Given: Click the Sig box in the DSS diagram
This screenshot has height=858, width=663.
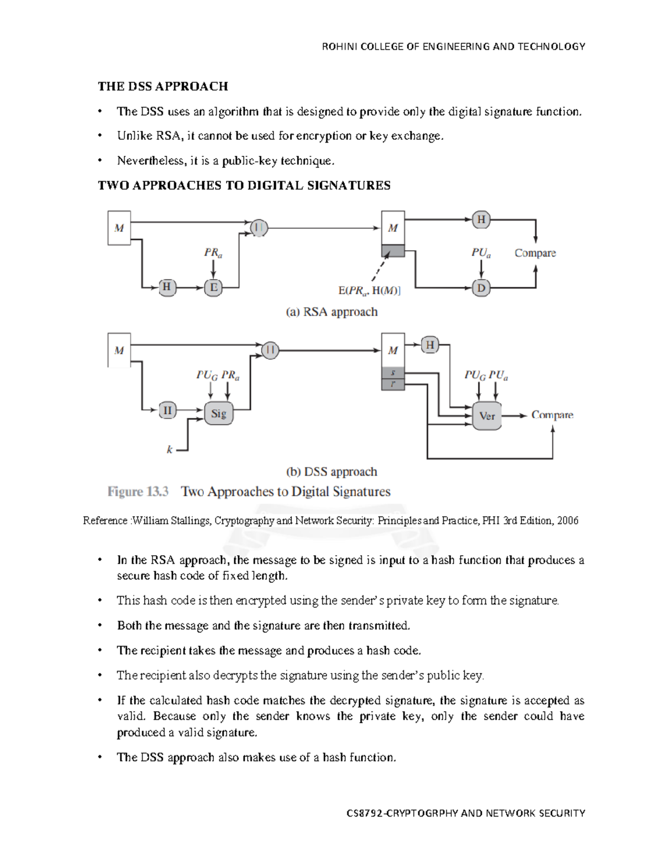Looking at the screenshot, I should pos(219,413).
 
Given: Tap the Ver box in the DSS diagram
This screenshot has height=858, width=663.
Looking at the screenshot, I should pos(487,416).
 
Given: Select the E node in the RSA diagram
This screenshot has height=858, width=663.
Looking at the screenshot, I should pos(213,287).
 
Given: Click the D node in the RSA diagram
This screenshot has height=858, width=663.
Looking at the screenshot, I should pos(481,288).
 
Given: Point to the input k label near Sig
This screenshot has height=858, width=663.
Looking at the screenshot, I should pos(170,450).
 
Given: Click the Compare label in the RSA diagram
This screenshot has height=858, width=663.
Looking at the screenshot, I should pos(535,253).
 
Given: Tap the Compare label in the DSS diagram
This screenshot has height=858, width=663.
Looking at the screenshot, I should pos(552,415).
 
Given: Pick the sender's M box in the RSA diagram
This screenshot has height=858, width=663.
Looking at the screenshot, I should pos(119,228).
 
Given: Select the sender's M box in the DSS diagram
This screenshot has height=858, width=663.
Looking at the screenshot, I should pos(119,350).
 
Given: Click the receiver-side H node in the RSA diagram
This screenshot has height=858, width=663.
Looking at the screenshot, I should pos(481,219).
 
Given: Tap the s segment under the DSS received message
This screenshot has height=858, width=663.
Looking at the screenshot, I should pos(393,373).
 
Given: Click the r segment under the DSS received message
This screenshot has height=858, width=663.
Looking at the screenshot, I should pos(393,384).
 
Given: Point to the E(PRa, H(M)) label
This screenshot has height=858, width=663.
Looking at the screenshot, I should pos(369,291).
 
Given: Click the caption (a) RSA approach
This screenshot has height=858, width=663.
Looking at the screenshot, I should pos(331,312).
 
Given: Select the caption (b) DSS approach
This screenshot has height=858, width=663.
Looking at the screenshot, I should pos(331,472).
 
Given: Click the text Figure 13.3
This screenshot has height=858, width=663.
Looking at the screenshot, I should pos(138,491).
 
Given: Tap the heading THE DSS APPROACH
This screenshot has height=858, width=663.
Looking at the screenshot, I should pos(163,86).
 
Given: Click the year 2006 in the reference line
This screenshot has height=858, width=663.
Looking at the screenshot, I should pos(567,520).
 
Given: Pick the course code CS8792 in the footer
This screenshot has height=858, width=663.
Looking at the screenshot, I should pos(364,813).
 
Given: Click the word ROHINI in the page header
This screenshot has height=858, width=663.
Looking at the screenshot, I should pos(340,46).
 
